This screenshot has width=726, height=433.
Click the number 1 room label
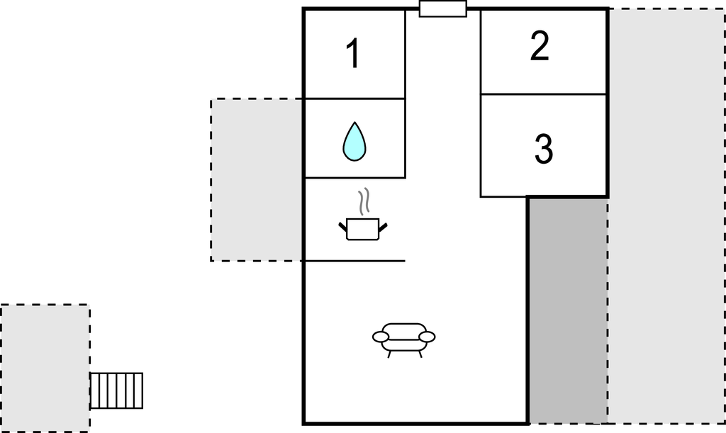pyautogui.click(x=352, y=55)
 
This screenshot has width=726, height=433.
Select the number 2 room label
pyautogui.click(x=540, y=47)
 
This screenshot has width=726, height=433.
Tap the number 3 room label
pyautogui.click(x=543, y=149)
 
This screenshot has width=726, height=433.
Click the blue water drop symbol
pyautogui.click(x=354, y=141)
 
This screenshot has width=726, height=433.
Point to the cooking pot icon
pyautogui.click(x=363, y=229)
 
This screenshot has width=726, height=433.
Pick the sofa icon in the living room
pyautogui.click(x=404, y=337)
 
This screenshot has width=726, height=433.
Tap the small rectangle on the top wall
pyautogui.click(x=443, y=9)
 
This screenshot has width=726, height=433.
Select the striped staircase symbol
pyautogui.click(x=117, y=390)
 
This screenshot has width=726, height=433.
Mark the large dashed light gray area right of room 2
pyautogui.click(x=666, y=213)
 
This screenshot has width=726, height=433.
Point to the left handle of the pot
pyautogui.click(x=344, y=227)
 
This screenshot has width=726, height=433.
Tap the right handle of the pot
pyautogui.click(x=383, y=227)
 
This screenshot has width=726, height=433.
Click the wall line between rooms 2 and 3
pyautogui.click(x=544, y=94)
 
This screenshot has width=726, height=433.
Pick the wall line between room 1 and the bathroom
pyautogui.click(x=354, y=99)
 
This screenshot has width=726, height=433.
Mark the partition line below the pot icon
pyautogui.click(x=354, y=261)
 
